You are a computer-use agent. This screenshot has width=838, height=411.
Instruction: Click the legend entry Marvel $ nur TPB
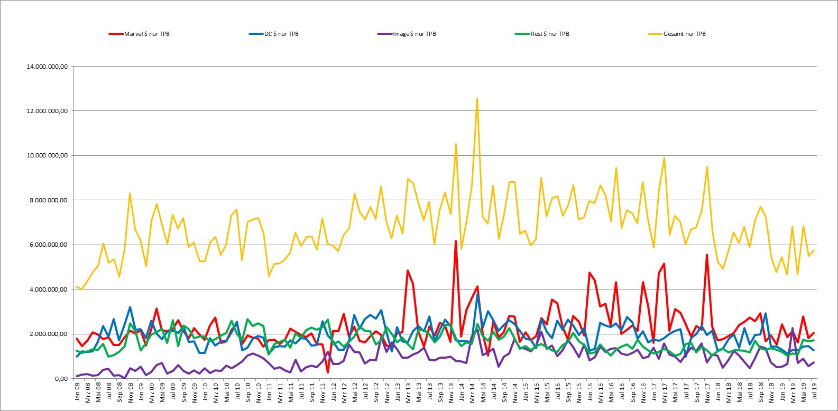[x=139, y=34]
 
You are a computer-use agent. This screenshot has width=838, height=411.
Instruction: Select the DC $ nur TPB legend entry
[x=274, y=34]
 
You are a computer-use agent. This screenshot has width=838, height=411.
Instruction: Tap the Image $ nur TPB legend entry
[x=407, y=34]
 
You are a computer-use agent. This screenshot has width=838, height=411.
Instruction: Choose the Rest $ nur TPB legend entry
[x=542, y=34]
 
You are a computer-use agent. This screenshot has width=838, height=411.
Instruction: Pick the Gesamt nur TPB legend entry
[x=677, y=34]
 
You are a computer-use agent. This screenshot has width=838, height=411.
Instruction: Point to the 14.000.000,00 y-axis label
[x=47, y=67]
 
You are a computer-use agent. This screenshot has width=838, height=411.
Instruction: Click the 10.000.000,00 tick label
[x=47, y=155]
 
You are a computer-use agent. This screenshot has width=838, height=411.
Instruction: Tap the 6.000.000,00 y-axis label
[x=49, y=245]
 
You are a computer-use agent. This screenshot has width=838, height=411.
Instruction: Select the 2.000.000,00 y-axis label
[x=49, y=334]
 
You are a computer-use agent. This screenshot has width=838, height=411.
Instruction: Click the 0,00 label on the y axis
[x=62, y=378]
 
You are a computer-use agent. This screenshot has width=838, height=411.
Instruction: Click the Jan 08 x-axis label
[x=77, y=391]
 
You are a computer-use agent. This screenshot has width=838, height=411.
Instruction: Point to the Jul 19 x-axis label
[x=814, y=391]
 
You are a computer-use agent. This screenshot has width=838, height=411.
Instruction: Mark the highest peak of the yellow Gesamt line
[x=477, y=99]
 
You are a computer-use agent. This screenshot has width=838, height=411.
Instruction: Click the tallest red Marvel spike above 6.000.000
[x=456, y=241]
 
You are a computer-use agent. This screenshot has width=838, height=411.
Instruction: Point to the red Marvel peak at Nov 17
[x=707, y=255]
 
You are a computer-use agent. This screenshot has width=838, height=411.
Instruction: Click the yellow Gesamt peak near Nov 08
[x=130, y=193]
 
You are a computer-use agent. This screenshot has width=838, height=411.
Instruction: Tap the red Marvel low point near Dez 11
[x=328, y=372]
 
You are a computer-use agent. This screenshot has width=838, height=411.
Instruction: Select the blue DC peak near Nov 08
[x=130, y=307]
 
